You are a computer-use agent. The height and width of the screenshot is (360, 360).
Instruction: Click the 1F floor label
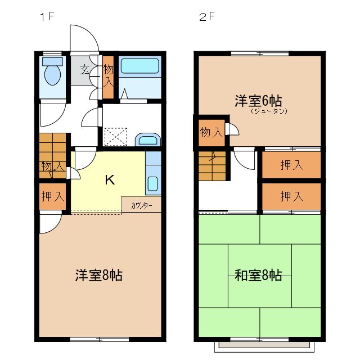tap(46, 16)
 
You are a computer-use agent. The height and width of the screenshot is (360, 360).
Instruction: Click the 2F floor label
tap(206, 16)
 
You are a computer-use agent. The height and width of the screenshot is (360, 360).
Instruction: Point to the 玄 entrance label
tap(84, 70)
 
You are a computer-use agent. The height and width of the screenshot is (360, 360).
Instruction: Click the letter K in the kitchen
tap(110, 180)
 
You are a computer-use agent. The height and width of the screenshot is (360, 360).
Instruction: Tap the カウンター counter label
tap(141, 205)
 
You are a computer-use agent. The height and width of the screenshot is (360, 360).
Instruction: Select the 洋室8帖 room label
tap(99, 276)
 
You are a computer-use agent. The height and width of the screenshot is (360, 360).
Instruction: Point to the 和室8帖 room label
tap(258, 276)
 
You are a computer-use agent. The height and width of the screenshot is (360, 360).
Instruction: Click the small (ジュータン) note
tap(269, 111)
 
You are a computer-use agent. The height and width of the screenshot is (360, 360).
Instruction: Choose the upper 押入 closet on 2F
tap(292, 165)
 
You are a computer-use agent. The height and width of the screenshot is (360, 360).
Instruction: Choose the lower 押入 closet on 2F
tap(292, 196)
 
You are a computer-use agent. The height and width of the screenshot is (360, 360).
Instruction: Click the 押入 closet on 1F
tap(52, 196)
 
